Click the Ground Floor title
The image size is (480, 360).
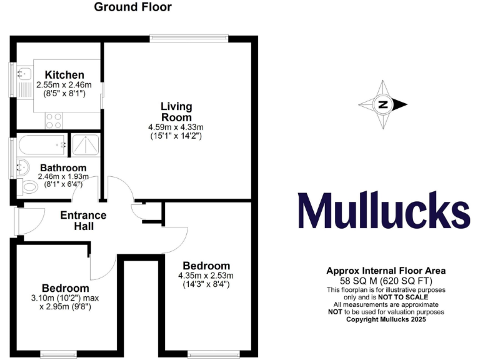coord(132,7)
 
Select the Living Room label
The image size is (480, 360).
coord(176,112)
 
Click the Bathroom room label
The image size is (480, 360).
coord(63,167)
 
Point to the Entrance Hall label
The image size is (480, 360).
coord(83,220)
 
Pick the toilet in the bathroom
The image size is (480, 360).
coord(28,186)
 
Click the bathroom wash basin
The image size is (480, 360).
coord(21,166)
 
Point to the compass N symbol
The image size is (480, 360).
coord(382,104)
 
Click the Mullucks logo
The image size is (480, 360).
coord(384,211)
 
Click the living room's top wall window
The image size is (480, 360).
coord(186,39)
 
